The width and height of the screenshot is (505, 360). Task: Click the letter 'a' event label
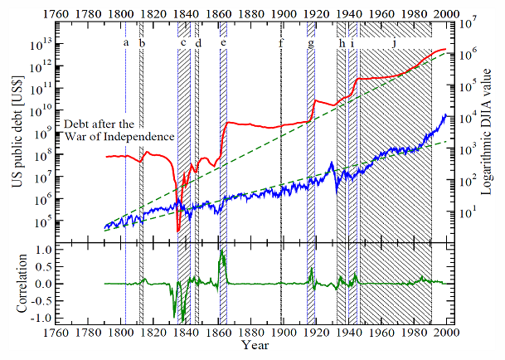coord(126,42)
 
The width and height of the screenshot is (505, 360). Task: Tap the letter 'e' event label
coord(224,42)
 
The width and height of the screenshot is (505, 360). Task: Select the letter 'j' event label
coord(394,42)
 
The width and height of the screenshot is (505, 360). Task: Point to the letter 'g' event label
coord(311,43)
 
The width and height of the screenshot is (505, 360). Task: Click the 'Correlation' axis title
coord(16,284)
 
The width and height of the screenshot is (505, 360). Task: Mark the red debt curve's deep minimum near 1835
coord(179,231)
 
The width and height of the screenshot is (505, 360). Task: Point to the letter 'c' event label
coord(182,42)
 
